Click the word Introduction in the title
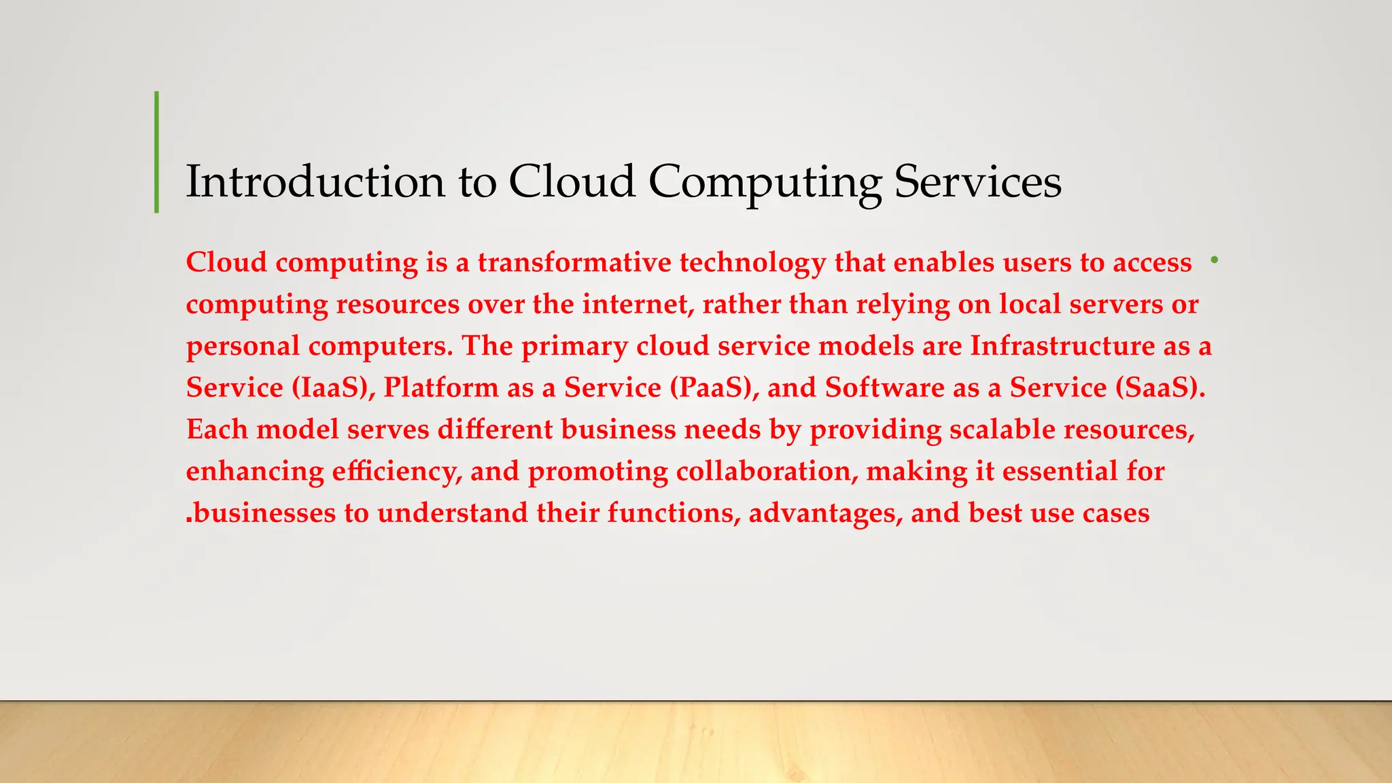tap(315, 182)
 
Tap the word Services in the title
tap(977, 182)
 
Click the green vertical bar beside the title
tap(157, 152)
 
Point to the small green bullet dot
tap(1214, 260)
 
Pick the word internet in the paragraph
tap(638, 304)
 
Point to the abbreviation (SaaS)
tap(1160, 388)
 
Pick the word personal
tap(243, 347)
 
